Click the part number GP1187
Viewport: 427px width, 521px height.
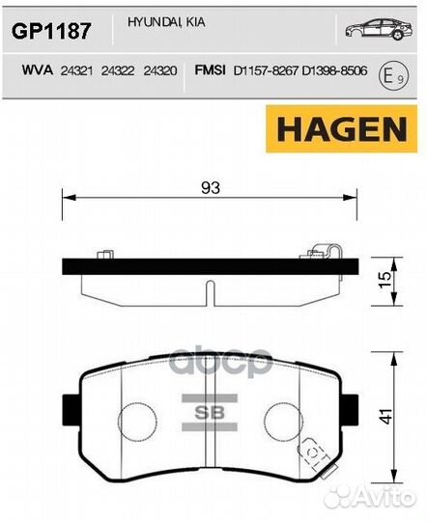point(50,31)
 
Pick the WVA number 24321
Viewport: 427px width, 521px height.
point(75,70)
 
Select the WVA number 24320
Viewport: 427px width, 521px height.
point(159,70)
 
